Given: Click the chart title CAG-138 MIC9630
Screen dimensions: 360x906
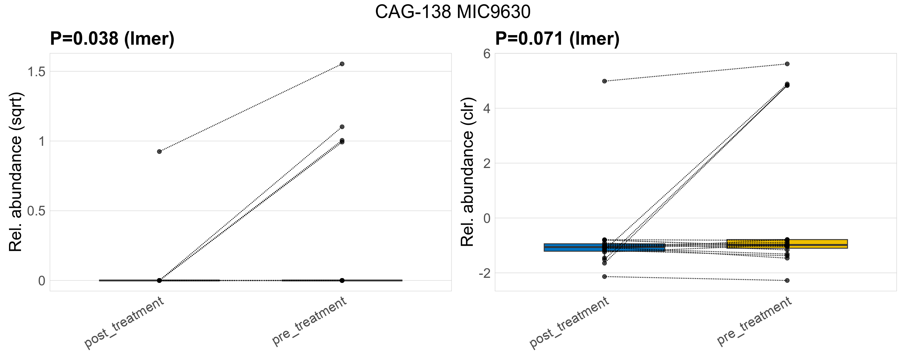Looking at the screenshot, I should (453, 12).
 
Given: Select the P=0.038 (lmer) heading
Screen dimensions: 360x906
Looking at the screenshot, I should (112, 38).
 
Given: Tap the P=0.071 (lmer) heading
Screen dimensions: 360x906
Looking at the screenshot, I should (557, 38).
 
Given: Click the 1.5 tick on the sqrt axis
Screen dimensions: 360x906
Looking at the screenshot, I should (37, 72).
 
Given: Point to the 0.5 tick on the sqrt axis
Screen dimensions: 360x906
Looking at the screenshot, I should (37, 211).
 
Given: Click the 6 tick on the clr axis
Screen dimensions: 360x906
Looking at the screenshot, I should (487, 54).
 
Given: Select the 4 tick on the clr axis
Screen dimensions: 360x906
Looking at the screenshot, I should (487, 108).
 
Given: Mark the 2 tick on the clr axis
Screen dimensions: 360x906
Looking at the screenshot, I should (487, 163).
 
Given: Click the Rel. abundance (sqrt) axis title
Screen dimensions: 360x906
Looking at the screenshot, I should (16, 172).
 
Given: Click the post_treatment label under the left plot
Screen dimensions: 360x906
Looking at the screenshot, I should (124, 322).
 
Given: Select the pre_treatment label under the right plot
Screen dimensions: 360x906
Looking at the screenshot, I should (754, 321).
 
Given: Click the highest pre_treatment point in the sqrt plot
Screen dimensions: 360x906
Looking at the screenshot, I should (342, 64).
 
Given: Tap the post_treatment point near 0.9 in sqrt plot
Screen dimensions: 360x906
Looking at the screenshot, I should (159, 151).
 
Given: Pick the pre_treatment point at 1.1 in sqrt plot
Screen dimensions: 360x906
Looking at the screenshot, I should (342, 127).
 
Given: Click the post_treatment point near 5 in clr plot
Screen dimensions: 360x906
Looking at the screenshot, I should (604, 81).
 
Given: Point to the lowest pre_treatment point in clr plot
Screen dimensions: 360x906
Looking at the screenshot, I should (787, 280).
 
